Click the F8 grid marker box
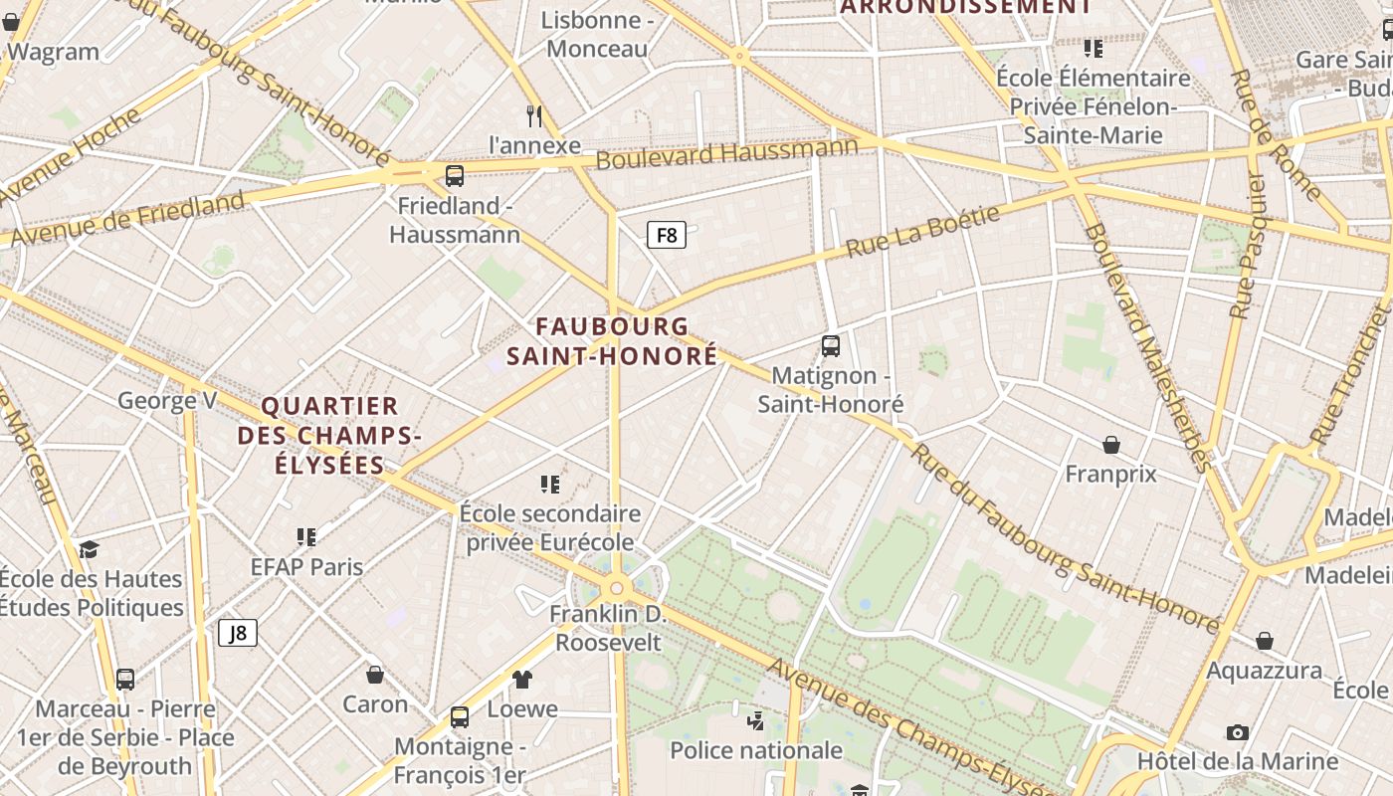pos(667,235)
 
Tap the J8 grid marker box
pos(238,633)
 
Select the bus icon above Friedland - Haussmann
pos(455,176)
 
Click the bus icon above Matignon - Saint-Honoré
pos(831,346)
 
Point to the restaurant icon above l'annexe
pos(534,116)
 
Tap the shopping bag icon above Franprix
pos(1111,445)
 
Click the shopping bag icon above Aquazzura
pos(1264,641)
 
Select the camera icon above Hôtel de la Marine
pos(1238,732)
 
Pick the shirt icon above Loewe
pos(522,680)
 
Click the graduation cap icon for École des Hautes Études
pos(90,549)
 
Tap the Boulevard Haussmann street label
pos(726,155)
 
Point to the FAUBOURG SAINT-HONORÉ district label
pos(612,341)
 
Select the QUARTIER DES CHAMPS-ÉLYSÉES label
pos(329,436)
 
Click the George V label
pos(167,401)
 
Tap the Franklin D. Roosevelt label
pos(607,628)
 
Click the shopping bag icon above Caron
pos(375,675)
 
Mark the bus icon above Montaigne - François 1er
pos(460,716)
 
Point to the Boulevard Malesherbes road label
pos(1148,348)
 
